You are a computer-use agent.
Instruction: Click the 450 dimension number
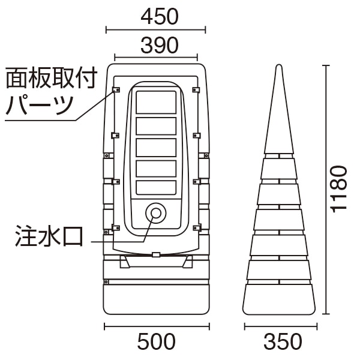[160, 17]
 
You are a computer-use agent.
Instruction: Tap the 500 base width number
[157, 341]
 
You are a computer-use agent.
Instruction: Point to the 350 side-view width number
[283, 341]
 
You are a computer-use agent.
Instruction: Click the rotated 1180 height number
[338, 189]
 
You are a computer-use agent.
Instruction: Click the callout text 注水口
[49, 236]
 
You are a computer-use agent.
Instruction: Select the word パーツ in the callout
[39, 106]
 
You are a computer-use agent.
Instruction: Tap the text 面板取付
[52, 78]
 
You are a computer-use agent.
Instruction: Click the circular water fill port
[156, 213]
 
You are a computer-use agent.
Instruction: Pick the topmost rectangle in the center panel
[156, 102]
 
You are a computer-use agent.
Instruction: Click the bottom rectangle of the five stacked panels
[156, 188]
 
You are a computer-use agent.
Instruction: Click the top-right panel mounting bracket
[196, 89]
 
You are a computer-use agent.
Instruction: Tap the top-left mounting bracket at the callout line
[116, 89]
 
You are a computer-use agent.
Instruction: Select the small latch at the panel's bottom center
[156, 254]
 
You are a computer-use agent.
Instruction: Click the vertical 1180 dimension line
[326, 190]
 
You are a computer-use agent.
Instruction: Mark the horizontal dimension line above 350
[281, 326]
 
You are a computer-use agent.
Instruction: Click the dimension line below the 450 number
[155, 29]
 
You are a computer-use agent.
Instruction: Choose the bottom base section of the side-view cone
[279, 299]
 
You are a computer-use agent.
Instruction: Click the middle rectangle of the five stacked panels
[156, 148]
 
